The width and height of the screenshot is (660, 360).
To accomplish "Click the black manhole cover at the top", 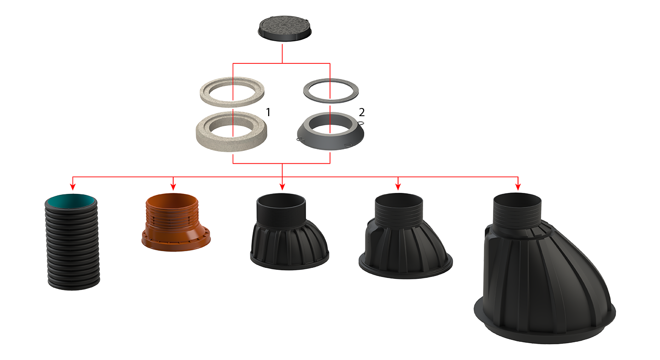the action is click(x=284, y=28).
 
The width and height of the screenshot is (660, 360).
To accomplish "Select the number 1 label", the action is click(x=268, y=112).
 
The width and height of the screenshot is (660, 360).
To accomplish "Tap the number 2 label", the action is click(x=362, y=112).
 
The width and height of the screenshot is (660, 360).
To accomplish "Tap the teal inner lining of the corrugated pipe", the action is click(x=72, y=201).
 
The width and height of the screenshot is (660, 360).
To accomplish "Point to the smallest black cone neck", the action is click(x=289, y=231).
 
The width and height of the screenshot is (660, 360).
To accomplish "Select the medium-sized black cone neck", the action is click(x=405, y=236).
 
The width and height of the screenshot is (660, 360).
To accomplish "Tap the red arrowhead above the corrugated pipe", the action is click(x=73, y=187).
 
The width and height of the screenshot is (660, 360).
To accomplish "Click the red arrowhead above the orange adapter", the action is click(x=173, y=187).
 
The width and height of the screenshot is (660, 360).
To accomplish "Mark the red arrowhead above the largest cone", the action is click(x=518, y=187).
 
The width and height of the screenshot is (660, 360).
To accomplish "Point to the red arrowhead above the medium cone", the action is click(x=398, y=187).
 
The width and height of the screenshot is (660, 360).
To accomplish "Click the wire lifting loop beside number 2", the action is click(x=361, y=123).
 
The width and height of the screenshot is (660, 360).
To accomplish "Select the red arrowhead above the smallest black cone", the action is click(x=282, y=187).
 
